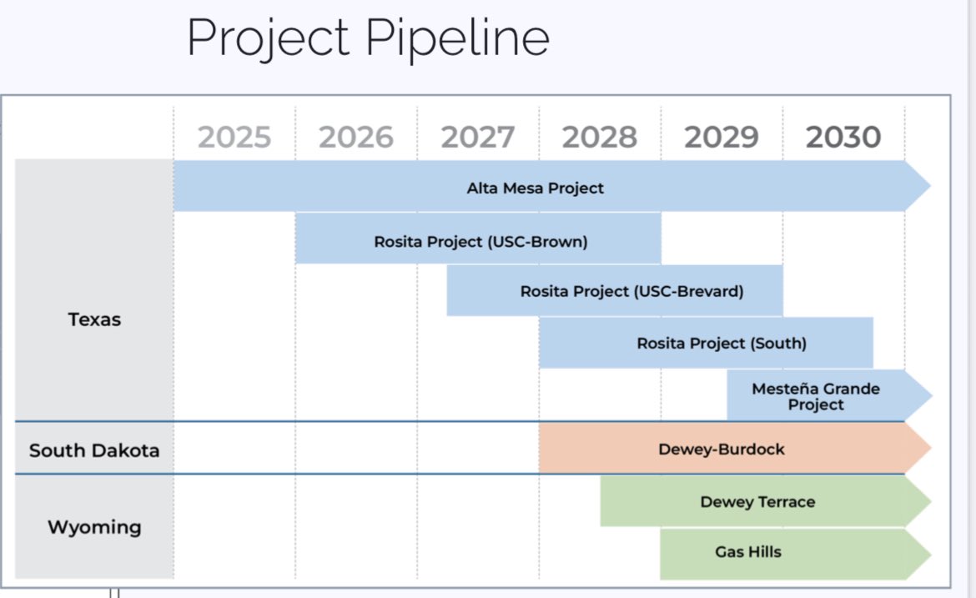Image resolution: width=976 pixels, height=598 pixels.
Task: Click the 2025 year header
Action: (x=234, y=137)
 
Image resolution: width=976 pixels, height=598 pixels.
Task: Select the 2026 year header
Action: (x=356, y=137)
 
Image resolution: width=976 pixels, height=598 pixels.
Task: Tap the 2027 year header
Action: (x=478, y=137)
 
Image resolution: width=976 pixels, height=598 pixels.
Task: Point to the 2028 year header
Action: (x=600, y=137)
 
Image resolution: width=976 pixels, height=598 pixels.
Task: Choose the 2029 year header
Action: (x=722, y=137)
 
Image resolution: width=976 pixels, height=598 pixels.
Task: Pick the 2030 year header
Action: (x=843, y=137)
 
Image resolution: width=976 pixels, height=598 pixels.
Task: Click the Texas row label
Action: (x=94, y=319)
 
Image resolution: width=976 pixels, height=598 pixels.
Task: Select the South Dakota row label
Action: (x=94, y=450)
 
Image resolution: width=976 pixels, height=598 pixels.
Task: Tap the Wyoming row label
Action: (x=94, y=527)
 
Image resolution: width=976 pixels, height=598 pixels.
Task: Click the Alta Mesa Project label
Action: (x=535, y=188)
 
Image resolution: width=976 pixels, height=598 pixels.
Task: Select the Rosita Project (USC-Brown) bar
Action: (x=480, y=242)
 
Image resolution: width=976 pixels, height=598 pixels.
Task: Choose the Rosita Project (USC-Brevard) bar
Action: (x=631, y=291)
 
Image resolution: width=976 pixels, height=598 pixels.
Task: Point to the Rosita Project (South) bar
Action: (x=722, y=343)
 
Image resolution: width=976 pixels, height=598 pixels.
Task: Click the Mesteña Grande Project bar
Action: (x=816, y=396)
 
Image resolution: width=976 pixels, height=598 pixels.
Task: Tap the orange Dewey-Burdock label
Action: (x=722, y=450)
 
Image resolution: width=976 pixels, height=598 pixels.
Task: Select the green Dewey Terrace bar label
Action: (x=757, y=501)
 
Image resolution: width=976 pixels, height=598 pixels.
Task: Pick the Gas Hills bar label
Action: (x=748, y=551)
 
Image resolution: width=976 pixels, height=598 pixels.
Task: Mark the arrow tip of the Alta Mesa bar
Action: (x=922, y=187)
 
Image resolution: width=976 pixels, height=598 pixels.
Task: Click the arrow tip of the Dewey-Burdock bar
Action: (x=922, y=449)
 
